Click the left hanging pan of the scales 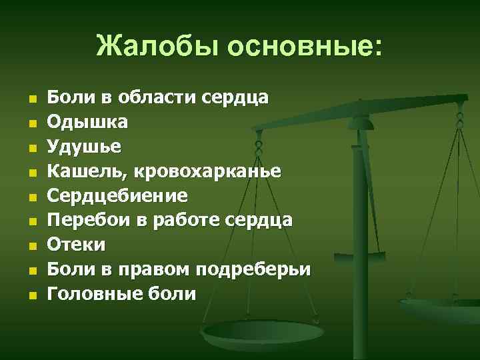pyautogui.click(x=253, y=331)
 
